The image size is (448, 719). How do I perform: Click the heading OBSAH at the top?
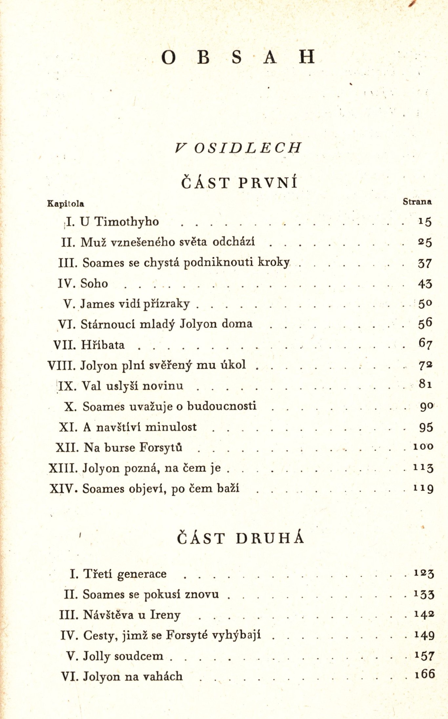pos(238,57)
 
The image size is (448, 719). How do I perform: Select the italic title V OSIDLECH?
pos(238,148)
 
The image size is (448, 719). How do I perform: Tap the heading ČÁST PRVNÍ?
pos(239,182)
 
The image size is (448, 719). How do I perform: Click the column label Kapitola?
pos(66,204)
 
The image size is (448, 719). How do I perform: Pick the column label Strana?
pos(417,202)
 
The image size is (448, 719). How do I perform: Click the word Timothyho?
pos(127,222)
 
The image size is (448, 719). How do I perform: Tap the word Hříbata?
pos(103,345)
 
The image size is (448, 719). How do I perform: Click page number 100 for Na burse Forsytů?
pos(423,447)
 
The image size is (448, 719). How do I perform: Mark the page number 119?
pos(423,489)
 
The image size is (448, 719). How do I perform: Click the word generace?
pos(142,574)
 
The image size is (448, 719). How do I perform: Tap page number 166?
pos(425,674)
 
